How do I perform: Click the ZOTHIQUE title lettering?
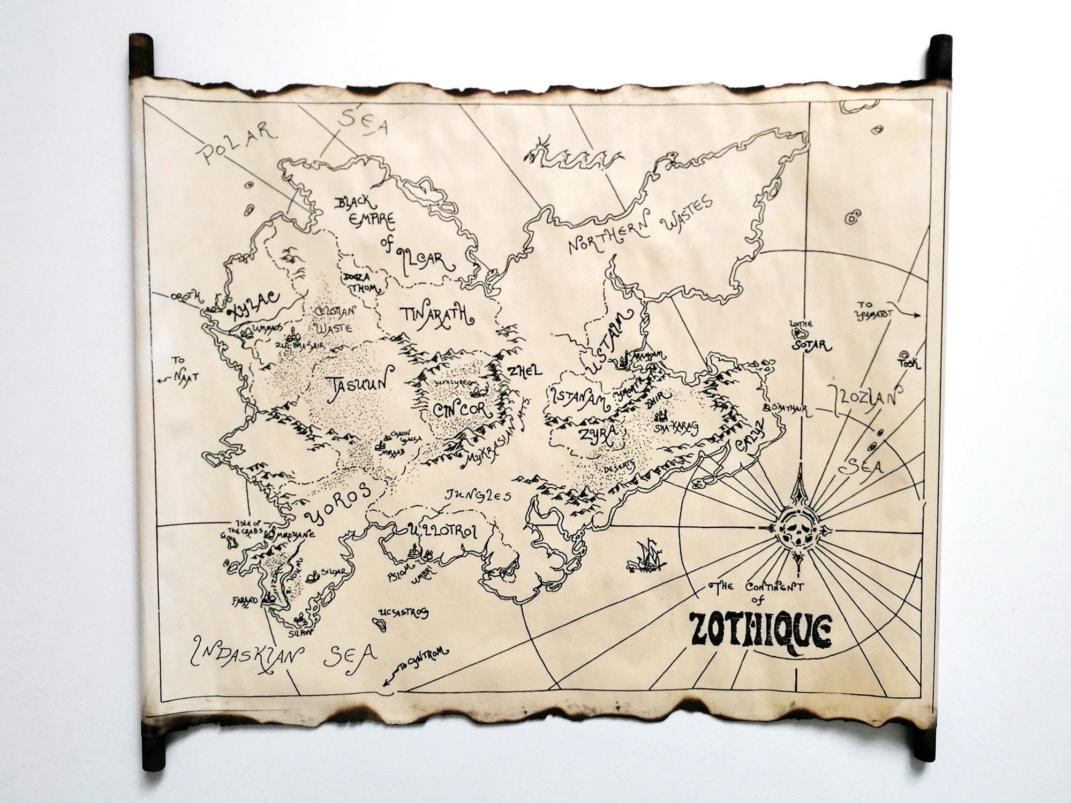pyautogui.click(x=760, y=634)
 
